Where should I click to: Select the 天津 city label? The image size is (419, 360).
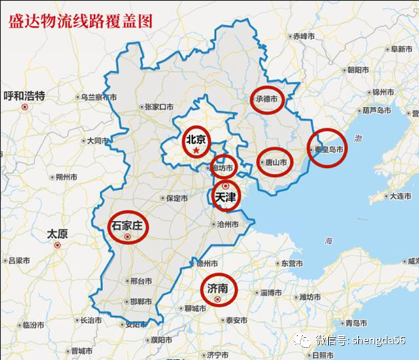(x=225, y=196)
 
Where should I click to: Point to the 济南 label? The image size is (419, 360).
(x=217, y=287)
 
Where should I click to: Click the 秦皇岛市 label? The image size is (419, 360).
(x=329, y=149)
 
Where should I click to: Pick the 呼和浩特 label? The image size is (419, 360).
(x=24, y=96)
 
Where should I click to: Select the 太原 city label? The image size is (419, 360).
(x=58, y=233)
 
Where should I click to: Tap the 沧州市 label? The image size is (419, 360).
(x=227, y=224)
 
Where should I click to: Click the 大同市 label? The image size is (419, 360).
(x=99, y=140)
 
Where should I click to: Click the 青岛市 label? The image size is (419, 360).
(x=356, y=323)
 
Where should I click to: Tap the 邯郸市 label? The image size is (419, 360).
(x=141, y=302)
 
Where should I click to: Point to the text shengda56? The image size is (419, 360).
(x=379, y=340)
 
